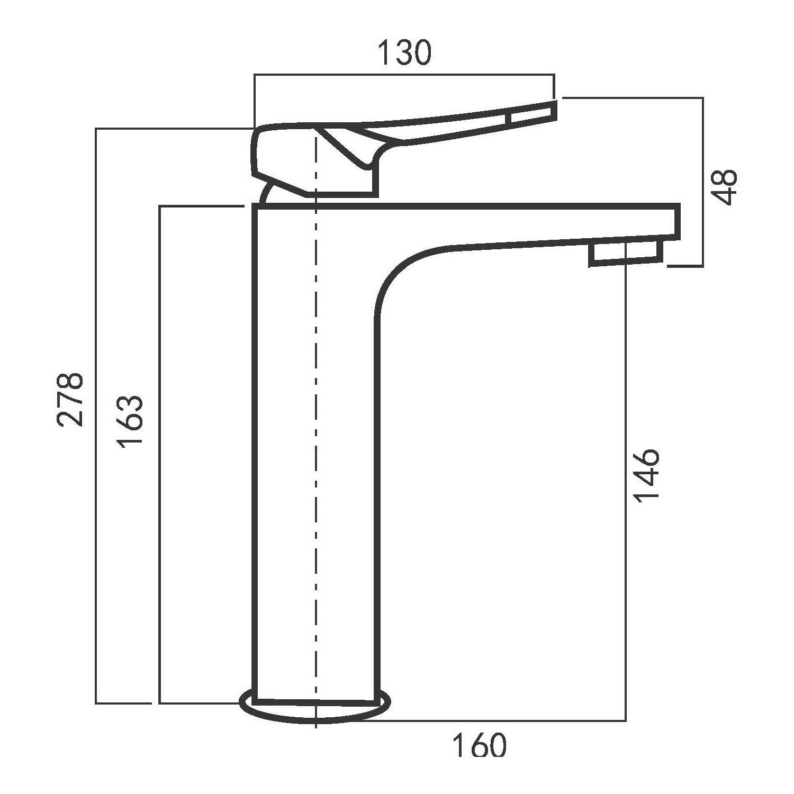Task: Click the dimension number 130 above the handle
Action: pos(405,53)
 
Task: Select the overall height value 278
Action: pos(70,399)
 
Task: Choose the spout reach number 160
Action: pos(479,746)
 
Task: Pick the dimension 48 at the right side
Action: pos(723,186)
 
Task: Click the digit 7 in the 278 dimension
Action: pos(70,399)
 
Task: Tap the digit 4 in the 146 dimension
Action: pos(646,476)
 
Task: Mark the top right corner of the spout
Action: pos(679,204)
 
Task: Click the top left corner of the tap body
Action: pos(255,207)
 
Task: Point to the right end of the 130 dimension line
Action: pos(554,76)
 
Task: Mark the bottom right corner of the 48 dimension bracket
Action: pos(703,266)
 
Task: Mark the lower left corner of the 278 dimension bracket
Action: pos(96,703)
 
